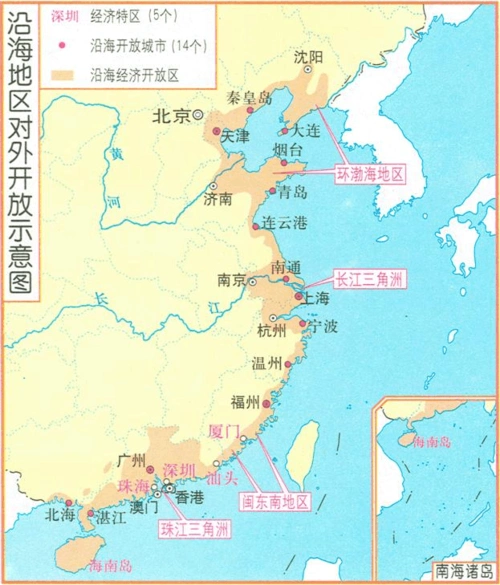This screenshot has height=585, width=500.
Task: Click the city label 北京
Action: pos(170,116)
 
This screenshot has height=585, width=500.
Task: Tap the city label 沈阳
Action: pos(309,57)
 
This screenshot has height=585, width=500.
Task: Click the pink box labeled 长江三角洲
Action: pos(368,278)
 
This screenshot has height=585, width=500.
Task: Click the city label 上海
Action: pos(317,298)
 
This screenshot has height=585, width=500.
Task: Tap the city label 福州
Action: pos(245,403)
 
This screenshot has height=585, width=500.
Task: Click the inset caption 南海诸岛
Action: pos(462,572)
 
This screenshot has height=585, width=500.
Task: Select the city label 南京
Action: pos(232,280)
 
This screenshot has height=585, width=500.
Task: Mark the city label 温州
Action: pos(266,364)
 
